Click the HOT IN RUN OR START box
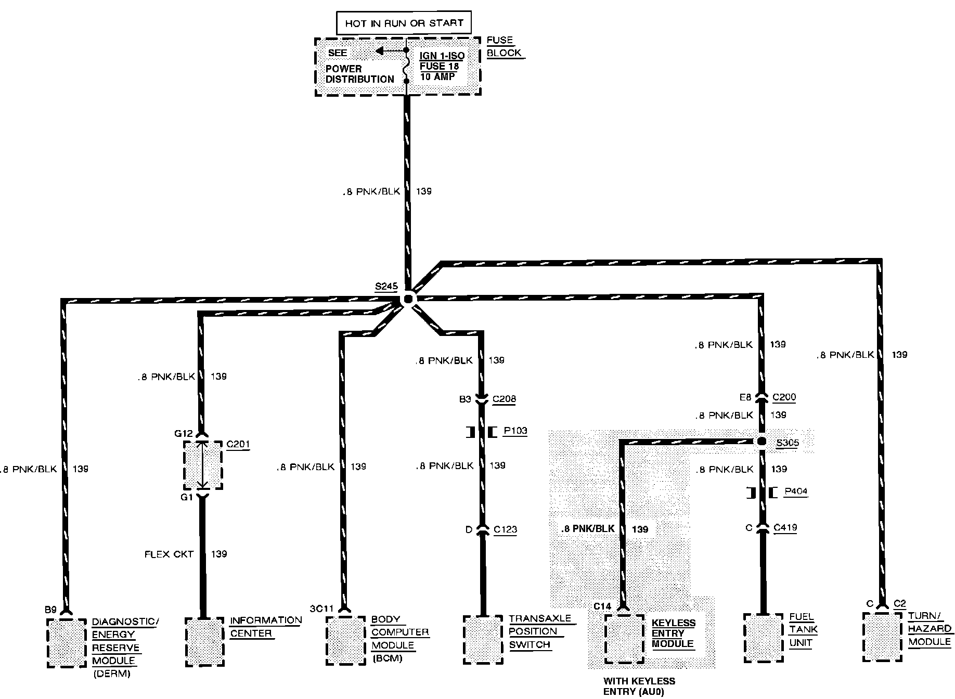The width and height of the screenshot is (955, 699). pyautogui.click(x=403, y=23)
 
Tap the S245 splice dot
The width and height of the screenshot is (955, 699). pyautogui.click(x=408, y=299)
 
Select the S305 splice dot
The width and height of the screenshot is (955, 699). pyautogui.click(x=761, y=442)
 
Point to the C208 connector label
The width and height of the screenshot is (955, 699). pyautogui.click(x=504, y=399)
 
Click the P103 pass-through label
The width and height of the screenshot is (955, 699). pyautogui.click(x=515, y=431)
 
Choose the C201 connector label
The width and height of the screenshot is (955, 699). pyautogui.click(x=238, y=444)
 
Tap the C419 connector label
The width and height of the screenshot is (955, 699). pyautogui.click(x=785, y=527)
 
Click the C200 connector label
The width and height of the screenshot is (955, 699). pyautogui.click(x=784, y=397)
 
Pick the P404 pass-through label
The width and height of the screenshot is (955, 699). pyautogui.click(x=796, y=491)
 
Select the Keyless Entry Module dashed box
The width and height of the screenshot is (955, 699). pyautogui.click(x=625, y=639)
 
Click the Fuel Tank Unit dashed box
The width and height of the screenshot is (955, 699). pyautogui.click(x=764, y=638)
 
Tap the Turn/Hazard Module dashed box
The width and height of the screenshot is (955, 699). pyautogui.click(x=882, y=637)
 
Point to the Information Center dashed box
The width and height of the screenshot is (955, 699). pyautogui.click(x=205, y=642)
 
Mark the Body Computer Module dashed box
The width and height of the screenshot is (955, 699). pyautogui.click(x=346, y=640)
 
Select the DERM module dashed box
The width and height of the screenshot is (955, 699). pyautogui.click(x=67, y=643)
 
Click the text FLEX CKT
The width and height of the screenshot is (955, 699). pyautogui.click(x=169, y=554)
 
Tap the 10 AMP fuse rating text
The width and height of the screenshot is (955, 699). pyautogui.click(x=437, y=76)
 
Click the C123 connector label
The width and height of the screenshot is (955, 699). pyautogui.click(x=505, y=529)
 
